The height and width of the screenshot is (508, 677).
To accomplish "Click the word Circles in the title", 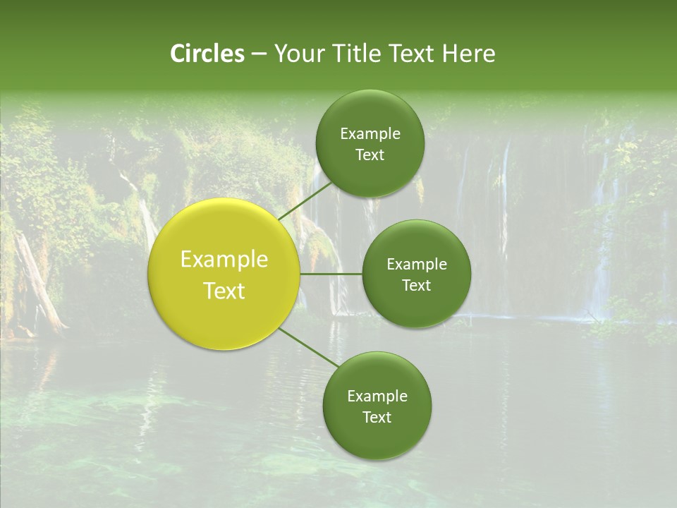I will (207, 54).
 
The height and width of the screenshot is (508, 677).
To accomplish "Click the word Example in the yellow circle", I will (224, 260).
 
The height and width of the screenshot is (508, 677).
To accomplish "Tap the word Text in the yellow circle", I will (224, 291).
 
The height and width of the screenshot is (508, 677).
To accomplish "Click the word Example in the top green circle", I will (370, 134).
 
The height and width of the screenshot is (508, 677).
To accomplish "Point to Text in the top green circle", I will (370, 155).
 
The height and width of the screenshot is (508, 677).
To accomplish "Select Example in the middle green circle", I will (416, 265).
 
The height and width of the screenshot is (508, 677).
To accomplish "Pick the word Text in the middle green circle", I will (416, 286).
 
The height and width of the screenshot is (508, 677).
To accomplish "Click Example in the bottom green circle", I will (377, 397).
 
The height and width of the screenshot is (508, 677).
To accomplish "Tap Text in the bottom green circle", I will (377, 418).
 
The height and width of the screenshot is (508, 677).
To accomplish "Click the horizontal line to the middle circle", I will (331, 274).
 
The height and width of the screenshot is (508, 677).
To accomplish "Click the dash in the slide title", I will (259, 54).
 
